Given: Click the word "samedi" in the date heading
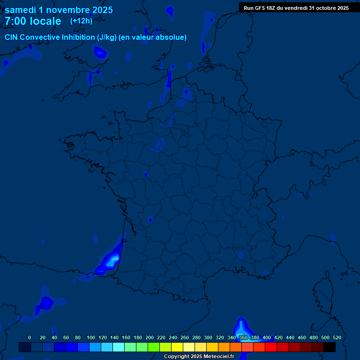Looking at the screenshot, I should pyautogui.click(x=20, y=10).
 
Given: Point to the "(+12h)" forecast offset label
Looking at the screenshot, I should pyautogui.click(x=81, y=21).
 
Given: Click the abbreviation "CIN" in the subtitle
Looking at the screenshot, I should pyautogui.click(x=11, y=37).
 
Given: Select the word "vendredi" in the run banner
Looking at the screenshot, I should pyautogui.click(x=295, y=8).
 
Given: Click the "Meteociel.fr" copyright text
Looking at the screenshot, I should pyautogui.click(x=218, y=357).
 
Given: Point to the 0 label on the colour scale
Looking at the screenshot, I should pyautogui.click(x=30, y=337).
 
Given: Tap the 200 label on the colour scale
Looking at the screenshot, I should pyautogui.click(x=150, y=337).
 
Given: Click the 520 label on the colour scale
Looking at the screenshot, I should pyautogui.click(x=337, y=337).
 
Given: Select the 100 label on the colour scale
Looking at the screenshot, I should pyautogui.click(x=91, y=337).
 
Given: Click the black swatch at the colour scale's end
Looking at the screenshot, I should pyautogui.click(x=330, y=347).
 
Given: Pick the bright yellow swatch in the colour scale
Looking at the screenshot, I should pyautogui.click(x=177, y=347).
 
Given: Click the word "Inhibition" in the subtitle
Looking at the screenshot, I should pyautogui.click(x=78, y=37).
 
